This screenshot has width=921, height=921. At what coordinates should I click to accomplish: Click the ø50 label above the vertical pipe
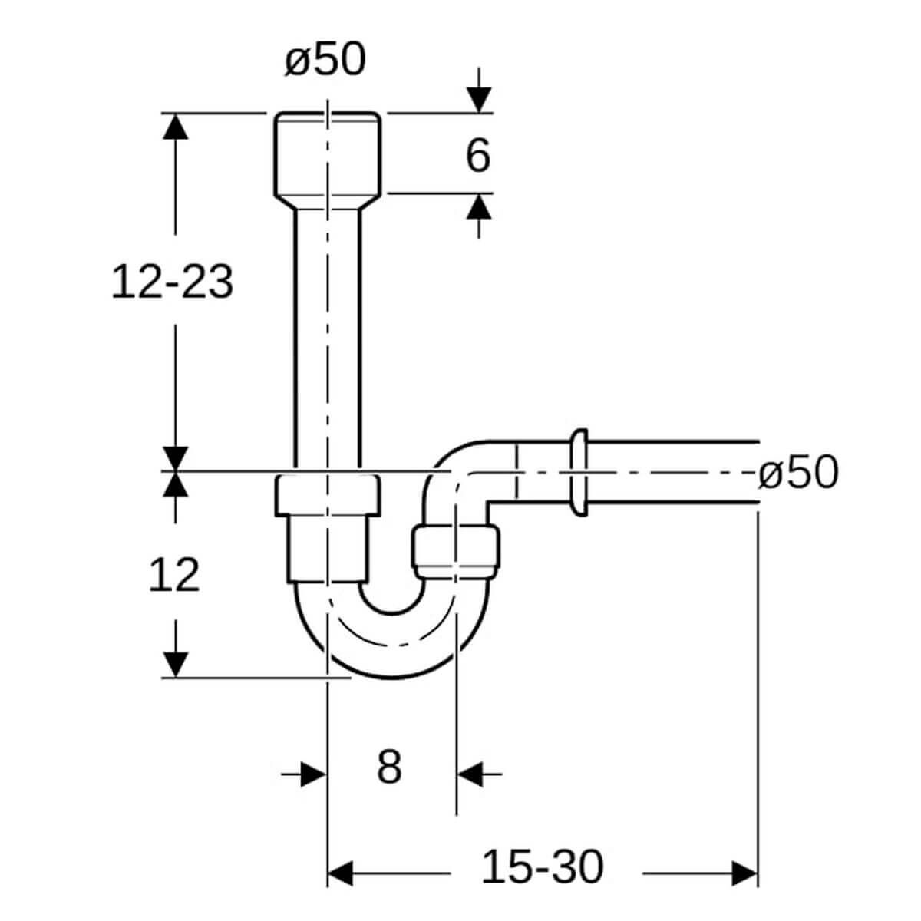(x=325, y=59)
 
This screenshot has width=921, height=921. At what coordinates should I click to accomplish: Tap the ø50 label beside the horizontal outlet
(x=798, y=472)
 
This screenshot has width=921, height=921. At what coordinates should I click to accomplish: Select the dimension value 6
(x=478, y=155)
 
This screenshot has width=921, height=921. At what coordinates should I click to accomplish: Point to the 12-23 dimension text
(x=173, y=282)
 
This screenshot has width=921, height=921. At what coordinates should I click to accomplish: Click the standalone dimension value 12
(x=174, y=575)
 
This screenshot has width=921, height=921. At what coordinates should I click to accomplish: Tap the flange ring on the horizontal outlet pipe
(x=579, y=472)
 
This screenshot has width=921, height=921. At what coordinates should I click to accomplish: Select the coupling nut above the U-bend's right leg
(x=455, y=553)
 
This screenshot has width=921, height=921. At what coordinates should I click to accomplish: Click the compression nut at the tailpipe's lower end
(x=328, y=496)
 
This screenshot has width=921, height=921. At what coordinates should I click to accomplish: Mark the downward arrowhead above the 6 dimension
(x=479, y=100)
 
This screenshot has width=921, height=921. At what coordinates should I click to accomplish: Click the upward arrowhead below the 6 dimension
(x=479, y=206)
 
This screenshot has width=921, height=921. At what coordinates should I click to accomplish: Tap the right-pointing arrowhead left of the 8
(x=314, y=774)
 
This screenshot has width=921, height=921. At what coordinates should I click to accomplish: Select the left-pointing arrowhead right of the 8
(x=470, y=774)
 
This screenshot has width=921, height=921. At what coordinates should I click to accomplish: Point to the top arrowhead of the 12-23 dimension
(x=176, y=126)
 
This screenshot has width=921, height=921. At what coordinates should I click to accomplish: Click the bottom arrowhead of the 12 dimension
(x=176, y=665)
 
